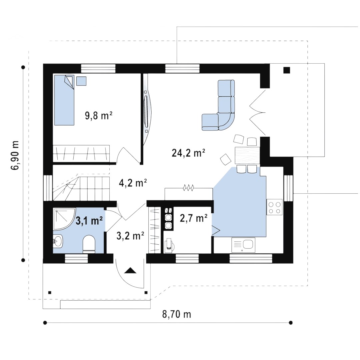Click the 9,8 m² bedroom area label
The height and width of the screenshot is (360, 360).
(98, 116)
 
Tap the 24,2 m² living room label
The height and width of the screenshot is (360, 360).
(188, 153)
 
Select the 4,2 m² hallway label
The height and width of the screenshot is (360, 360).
(133, 183)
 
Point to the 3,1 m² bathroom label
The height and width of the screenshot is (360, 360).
(89, 221)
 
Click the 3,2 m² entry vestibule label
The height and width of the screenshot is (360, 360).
(130, 236)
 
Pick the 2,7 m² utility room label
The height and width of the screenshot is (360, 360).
(194, 218)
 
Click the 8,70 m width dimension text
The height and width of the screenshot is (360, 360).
(177, 314)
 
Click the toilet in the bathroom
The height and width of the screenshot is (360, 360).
(89, 244)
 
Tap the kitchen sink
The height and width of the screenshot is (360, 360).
(243, 245)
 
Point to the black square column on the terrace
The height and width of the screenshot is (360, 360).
(287, 70)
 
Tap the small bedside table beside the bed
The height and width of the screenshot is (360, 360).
(81, 81)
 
